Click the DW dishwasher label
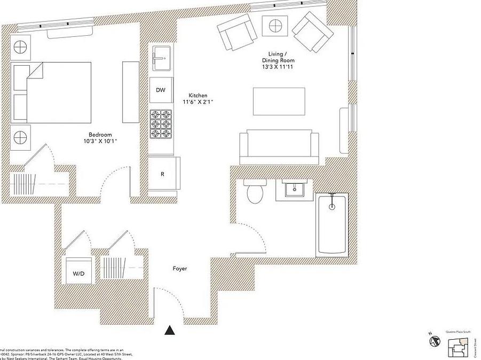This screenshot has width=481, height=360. [x=161, y=90]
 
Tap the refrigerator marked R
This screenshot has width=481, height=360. [x=162, y=174]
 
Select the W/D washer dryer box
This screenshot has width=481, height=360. [x=78, y=273]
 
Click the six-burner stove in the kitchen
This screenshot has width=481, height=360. [x=161, y=124]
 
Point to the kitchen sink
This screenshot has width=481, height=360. [x=161, y=57]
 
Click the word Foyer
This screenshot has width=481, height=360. [x=180, y=269]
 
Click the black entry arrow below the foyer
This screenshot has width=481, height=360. [x=170, y=330]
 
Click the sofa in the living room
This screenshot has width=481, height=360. [x=279, y=147]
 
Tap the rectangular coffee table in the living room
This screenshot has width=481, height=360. [x=279, y=101]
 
